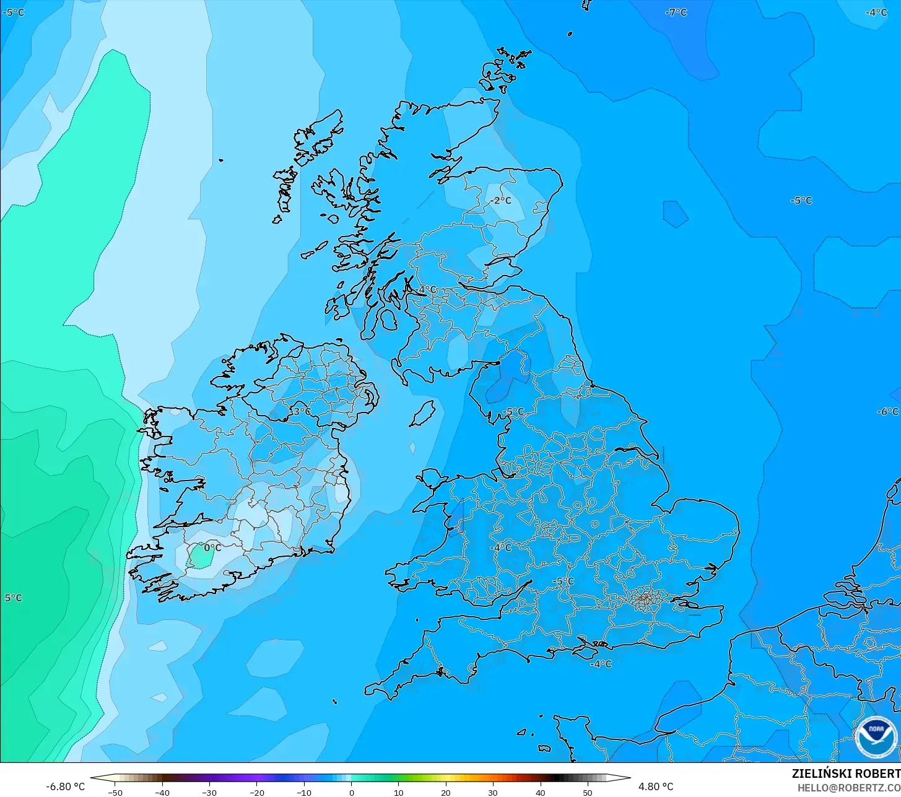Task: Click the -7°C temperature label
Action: (676, 12)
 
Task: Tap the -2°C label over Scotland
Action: (501, 201)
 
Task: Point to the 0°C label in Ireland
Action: (212, 548)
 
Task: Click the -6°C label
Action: (887, 412)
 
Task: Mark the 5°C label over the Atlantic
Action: (13, 598)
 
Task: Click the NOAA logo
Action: (876, 737)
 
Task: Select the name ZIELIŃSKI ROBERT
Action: (846, 773)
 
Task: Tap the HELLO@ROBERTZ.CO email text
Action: (848, 788)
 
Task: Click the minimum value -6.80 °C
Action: (65, 786)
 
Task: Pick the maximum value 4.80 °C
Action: (656, 786)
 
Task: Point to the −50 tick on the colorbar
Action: (115, 792)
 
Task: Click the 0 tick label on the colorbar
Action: (351, 792)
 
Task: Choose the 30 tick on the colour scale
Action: (493, 792)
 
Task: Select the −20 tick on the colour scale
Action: (256, 792)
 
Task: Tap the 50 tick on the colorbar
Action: (588, 792)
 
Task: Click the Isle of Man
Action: (424, 413)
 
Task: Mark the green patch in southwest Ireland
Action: (201, 555)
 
